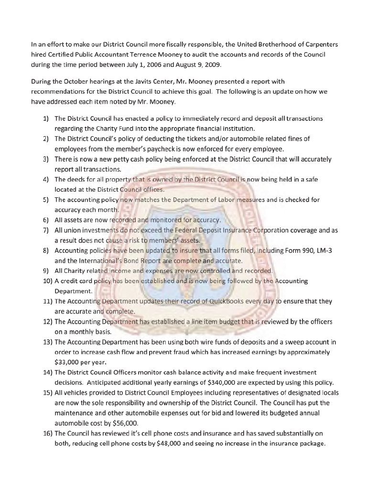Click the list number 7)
pyautogui.click(x=46, y=230)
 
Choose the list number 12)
pyautogui.click(x=46, y=322)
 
